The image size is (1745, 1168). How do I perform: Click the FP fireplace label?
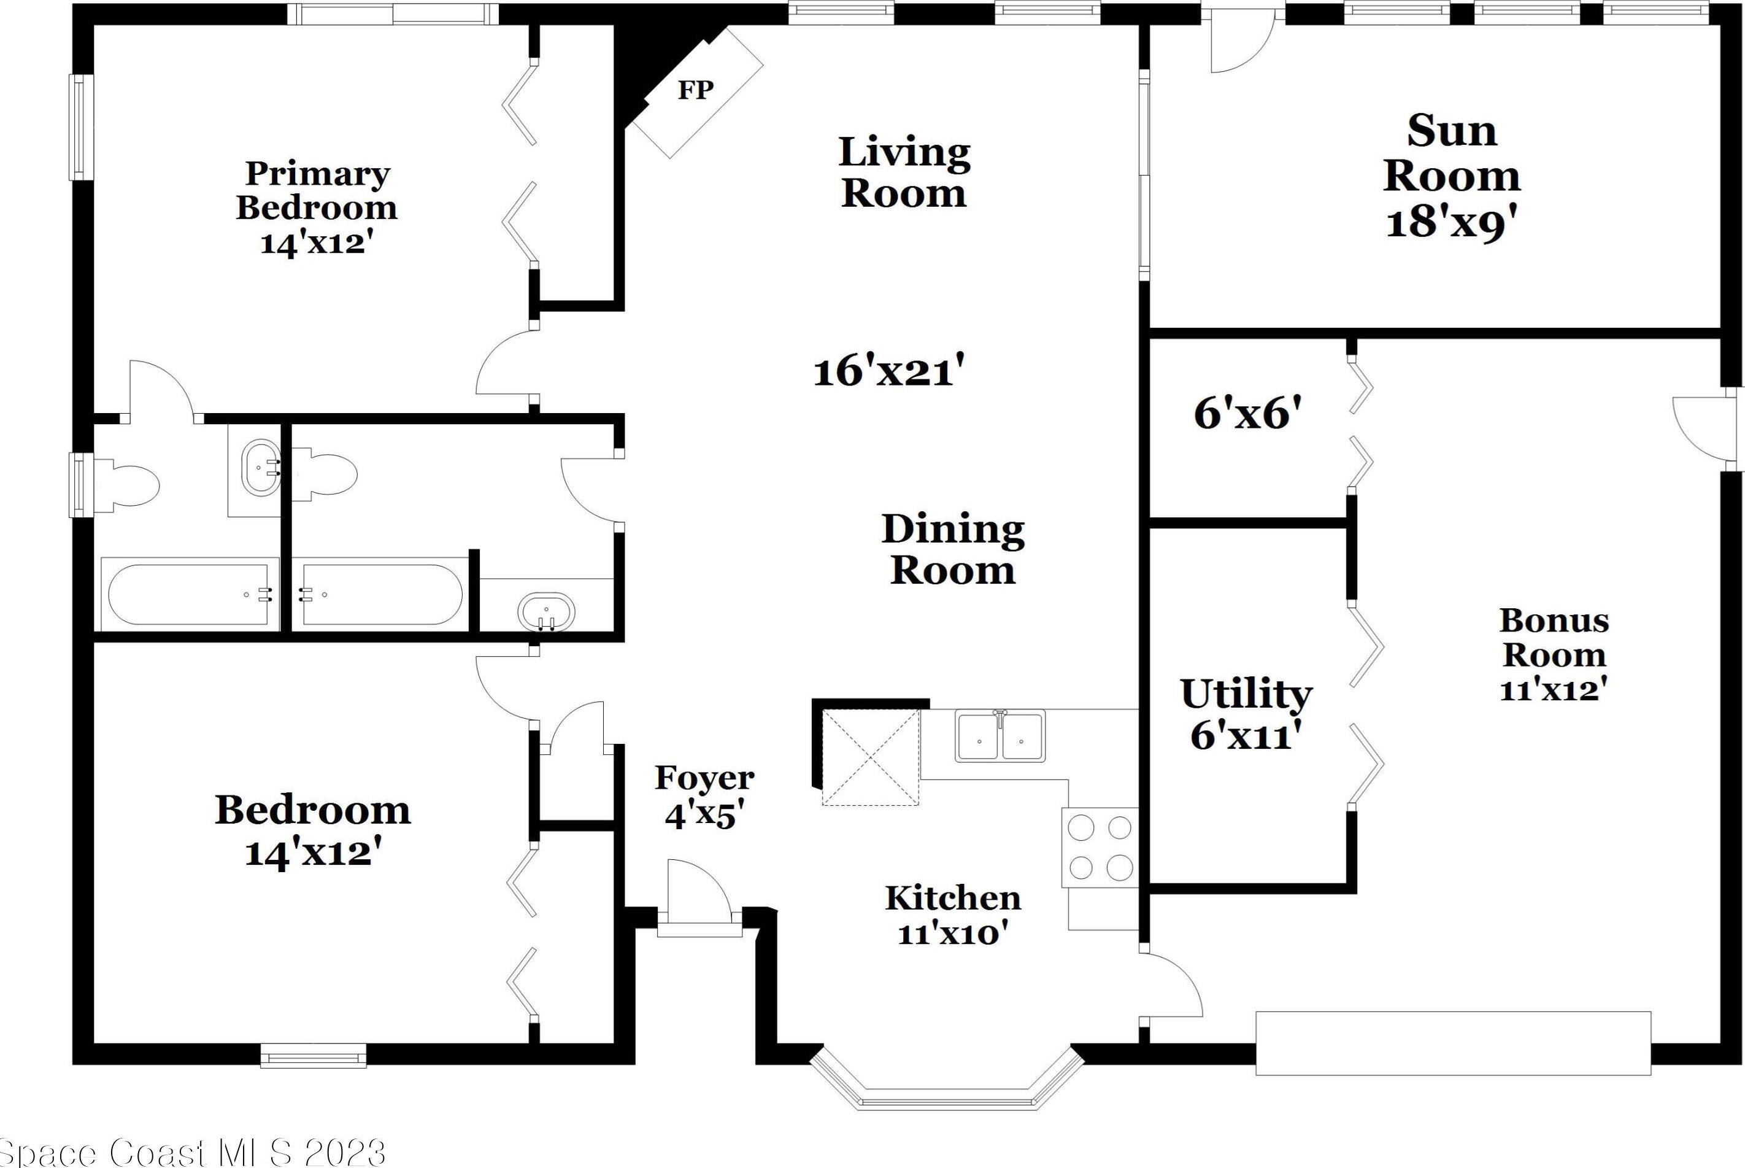695,90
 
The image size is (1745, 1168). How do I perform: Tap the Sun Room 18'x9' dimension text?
1451,223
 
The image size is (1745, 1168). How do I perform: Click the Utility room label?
1246,695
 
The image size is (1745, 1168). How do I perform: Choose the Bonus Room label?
1554,638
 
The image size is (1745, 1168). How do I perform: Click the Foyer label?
704,778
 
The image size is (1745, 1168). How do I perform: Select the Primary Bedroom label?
317,191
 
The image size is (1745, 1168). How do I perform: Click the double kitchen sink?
1001,736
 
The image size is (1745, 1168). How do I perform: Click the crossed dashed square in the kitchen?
870,757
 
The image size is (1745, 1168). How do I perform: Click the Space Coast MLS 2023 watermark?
192,1153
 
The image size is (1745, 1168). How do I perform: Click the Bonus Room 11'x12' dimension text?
1554,690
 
